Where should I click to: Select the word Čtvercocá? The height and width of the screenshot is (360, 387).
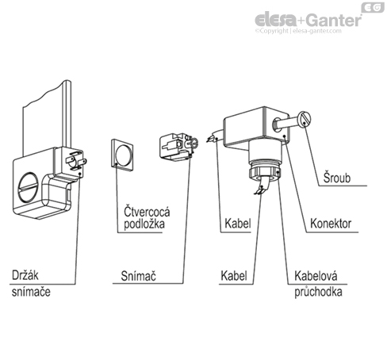(146, 212)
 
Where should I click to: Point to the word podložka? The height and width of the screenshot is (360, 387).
(144, 226)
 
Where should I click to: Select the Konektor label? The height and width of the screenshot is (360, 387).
(333, 224)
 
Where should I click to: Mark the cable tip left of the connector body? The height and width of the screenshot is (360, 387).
(210, 138)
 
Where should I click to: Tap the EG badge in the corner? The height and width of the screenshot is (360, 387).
(373, 7)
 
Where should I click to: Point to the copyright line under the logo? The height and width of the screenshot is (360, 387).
(308, 32)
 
